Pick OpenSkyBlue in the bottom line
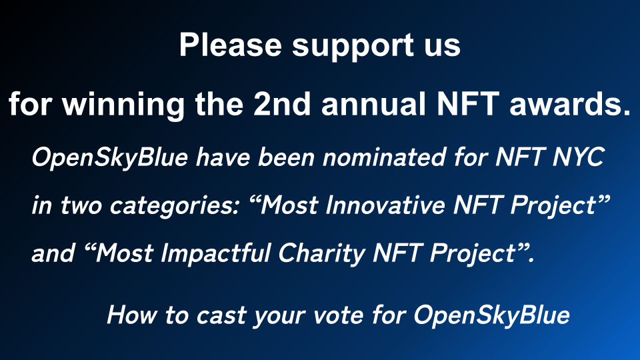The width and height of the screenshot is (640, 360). tap(491, 315)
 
